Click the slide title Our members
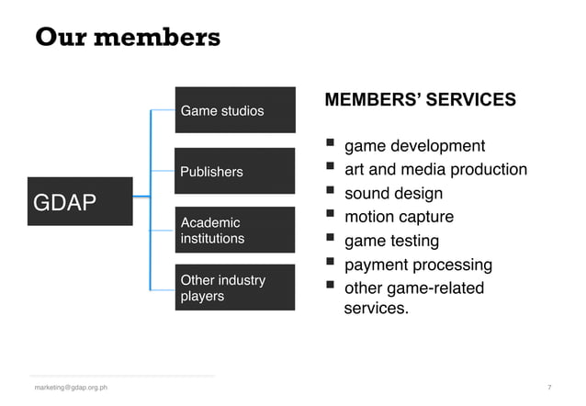coord(128,38)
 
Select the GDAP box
coord(81,201)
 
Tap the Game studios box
coord(235,110)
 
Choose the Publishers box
coord(235,171)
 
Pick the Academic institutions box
coord(235,231)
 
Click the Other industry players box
coord(235,288)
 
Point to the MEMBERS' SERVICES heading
coord(420,99)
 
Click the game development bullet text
coord(414,146)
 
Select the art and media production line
coord(435,170)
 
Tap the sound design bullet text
coord(393,194)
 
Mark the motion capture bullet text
coord(399,218)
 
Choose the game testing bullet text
coord(391,242)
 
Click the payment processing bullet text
coord(418,265)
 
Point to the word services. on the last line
coord(376,309)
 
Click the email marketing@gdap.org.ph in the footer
coord(71,388)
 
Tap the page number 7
coord(549,388)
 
